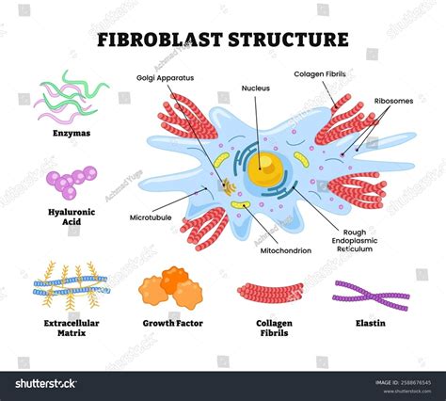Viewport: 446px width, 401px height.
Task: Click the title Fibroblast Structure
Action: (x=223, y=40)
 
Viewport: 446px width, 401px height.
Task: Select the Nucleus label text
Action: (x=254, y=88)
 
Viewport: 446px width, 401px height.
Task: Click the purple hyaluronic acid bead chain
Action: (x=71, y=181)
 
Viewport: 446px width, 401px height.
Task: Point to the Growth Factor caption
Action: (x=172, y=323)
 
